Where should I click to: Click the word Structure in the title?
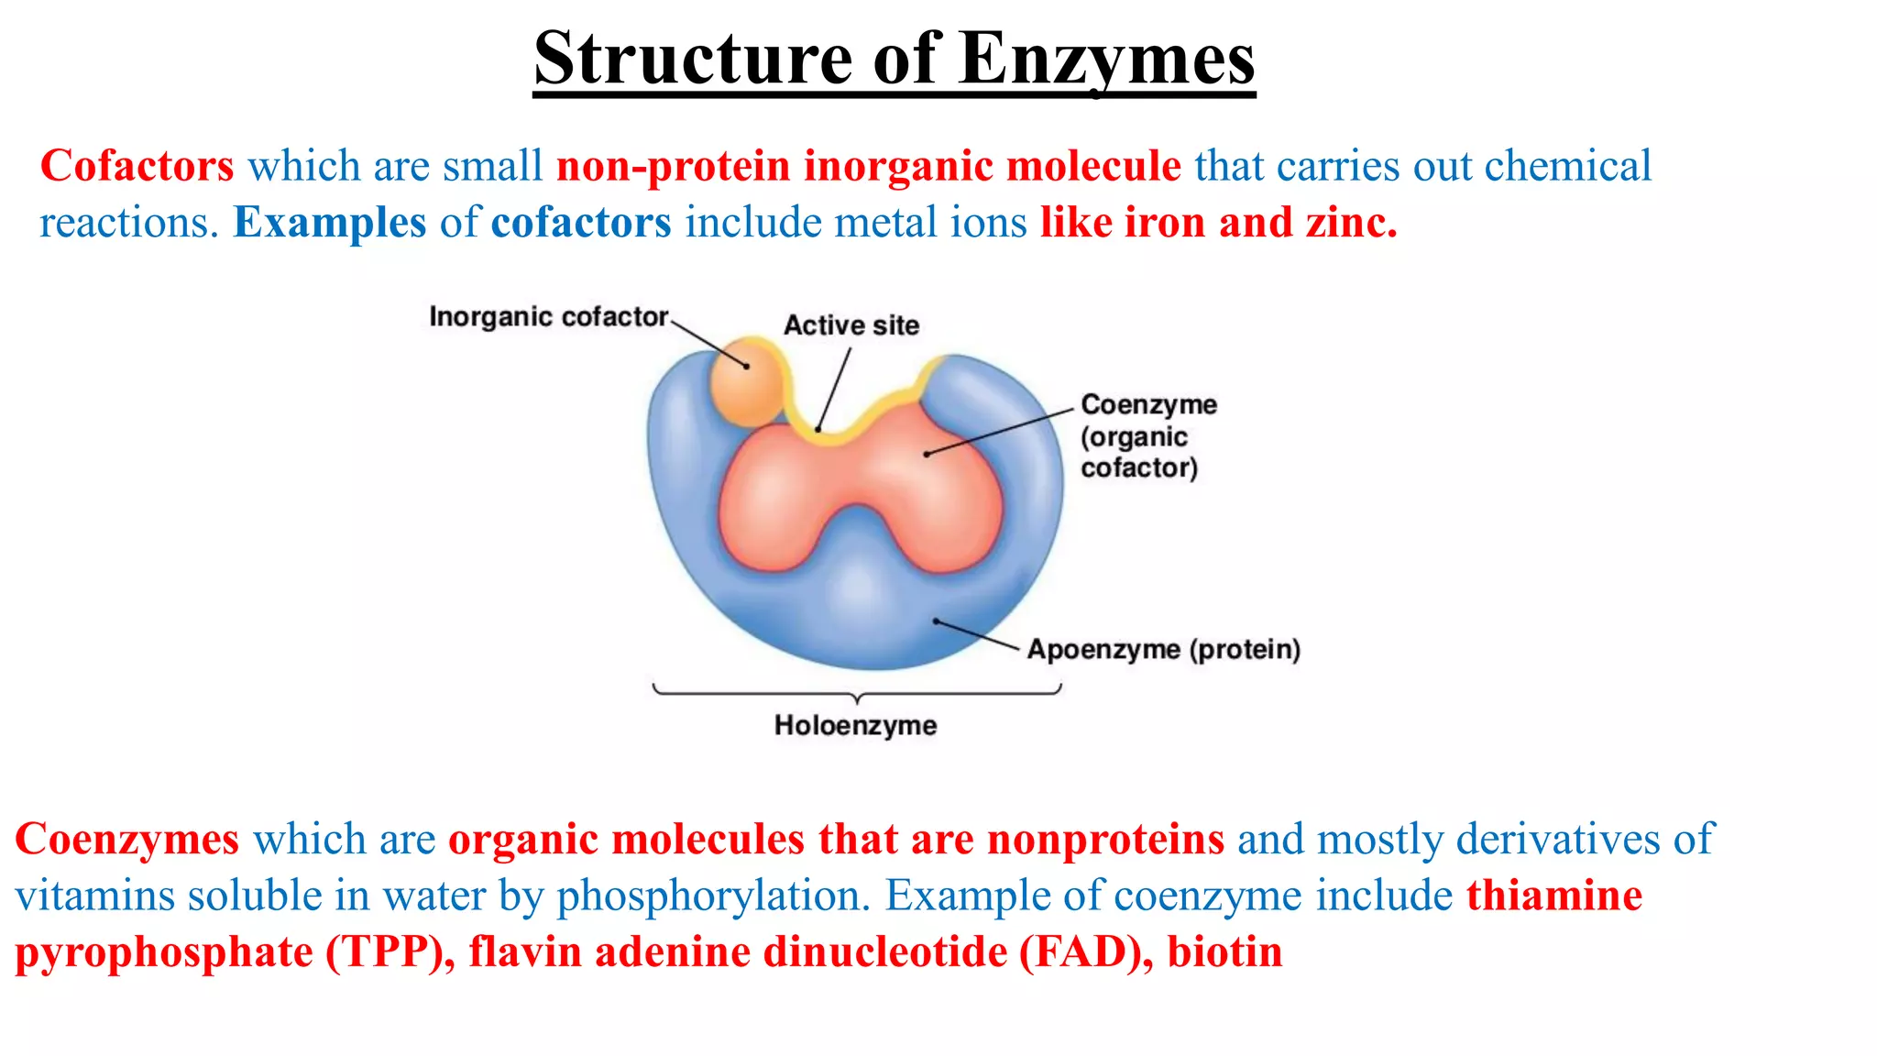(x=697, y=59)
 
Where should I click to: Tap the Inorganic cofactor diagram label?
(x=548, y=317)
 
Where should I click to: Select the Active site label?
(x=851, y=325)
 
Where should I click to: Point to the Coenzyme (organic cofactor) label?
(x=1147, y=436)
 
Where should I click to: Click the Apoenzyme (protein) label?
(x=1163, y=650)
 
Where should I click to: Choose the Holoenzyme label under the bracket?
(x=855, y=726)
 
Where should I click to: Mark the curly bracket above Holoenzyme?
(x=856, y=693)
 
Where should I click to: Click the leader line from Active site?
(x=834, y=389)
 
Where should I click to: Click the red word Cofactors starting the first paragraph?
(x=137, y=167)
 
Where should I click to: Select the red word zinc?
(x=1352, y=223)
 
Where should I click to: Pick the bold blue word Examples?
(x=330, y=223)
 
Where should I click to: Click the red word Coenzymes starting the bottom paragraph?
(x=127, y=840)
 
